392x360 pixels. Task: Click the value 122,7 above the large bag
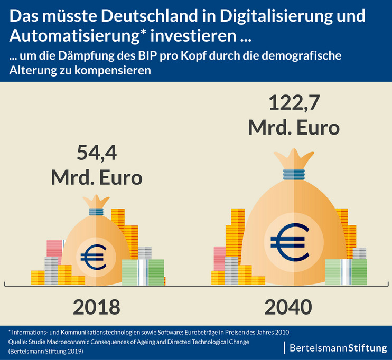pyautogui.click(x=294, y=103)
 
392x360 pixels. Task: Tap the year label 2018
pyautogui.click(x=97, y=307)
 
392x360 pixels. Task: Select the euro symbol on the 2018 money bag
pyautogui.click(x=93, y=257)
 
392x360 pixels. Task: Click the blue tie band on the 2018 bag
pyautogui.click(x=96, y=212)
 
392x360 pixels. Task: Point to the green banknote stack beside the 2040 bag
pyautogui.click(x=346, y=271)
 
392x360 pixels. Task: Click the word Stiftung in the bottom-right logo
pyautogui.click(x=366, y=348)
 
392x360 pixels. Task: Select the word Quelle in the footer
pyautogui.click(x=19, y=342)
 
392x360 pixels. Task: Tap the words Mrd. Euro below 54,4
pyautogui.click(x=97, y=177)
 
